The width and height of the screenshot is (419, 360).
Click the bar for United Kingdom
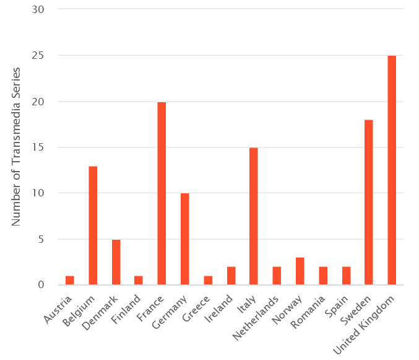392,170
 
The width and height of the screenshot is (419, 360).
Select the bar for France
162,193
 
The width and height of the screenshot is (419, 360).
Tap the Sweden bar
369,202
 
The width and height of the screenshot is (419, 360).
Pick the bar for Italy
254,216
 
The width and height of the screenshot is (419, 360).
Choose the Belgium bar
93,226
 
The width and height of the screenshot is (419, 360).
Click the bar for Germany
184,239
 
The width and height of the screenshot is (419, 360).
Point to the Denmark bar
116,262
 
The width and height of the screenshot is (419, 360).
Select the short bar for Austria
70,281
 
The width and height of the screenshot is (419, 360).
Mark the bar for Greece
208,281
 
